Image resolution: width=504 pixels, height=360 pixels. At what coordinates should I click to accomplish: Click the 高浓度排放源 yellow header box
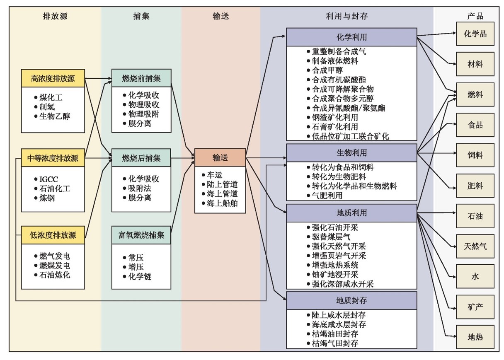click(53, 78)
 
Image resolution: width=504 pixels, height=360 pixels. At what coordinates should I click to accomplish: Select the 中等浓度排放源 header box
click(53, 158)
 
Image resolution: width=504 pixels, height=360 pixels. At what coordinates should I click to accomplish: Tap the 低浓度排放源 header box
click(53, 235)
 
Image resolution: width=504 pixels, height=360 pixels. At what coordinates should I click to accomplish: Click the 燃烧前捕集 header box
click(141, 78)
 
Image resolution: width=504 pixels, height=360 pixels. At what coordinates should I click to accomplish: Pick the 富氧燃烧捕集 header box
click(141, 235)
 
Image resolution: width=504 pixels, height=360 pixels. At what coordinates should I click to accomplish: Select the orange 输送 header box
click(220, 158)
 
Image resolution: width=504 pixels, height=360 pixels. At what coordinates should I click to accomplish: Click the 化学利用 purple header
click(351, 37)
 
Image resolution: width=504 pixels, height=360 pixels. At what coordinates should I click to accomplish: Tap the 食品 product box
click(475, 125)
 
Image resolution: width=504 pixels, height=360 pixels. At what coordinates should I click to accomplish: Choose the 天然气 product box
click(475, 246)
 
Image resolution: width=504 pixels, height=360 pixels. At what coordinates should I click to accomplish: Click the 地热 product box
click(475, 337)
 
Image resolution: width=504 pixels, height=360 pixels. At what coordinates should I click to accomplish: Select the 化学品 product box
click(475, 34)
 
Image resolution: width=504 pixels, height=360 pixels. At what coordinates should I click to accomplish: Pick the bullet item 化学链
click(139, 276)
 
